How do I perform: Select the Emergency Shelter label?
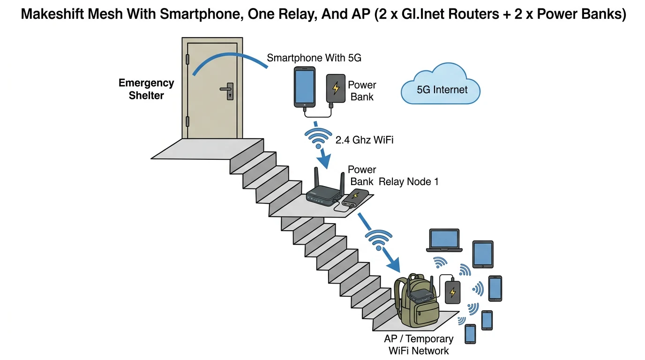(146, 89)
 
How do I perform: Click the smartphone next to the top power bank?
(304, 86)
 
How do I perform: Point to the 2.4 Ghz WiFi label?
(364, 139)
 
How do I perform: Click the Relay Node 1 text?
(408, 181)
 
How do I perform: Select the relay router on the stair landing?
(323, 195)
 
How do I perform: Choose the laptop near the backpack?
(445, 241)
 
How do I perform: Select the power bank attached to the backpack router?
(452, 292)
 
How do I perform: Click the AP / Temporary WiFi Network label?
(418, 345)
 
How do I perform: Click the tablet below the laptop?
(482, 254)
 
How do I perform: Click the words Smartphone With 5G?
(314, 58)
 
